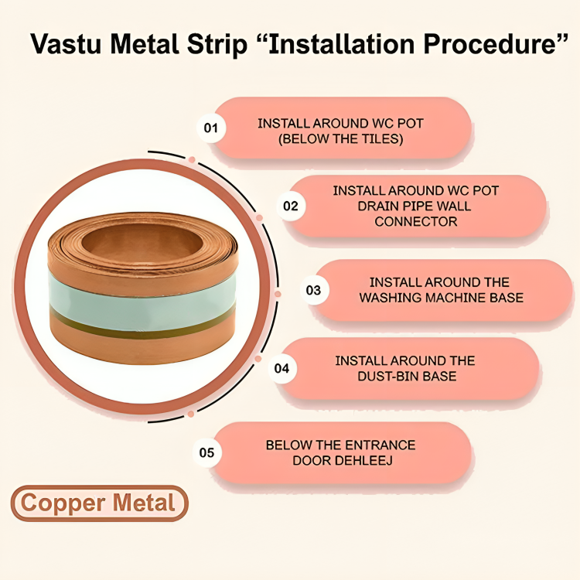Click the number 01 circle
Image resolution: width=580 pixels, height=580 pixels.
click(x=210, y=127)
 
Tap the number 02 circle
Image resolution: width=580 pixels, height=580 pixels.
click(x=291, y=206)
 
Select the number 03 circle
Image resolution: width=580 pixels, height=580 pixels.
click(x=313, y=291)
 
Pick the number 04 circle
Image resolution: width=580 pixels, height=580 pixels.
click(x=281, y=368)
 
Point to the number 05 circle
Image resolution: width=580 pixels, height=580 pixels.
click(x=206, y=452)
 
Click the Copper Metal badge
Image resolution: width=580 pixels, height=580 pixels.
click(x=99, y=503)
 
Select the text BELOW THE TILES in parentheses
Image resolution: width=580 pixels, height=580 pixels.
click(x=340, y=139)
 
